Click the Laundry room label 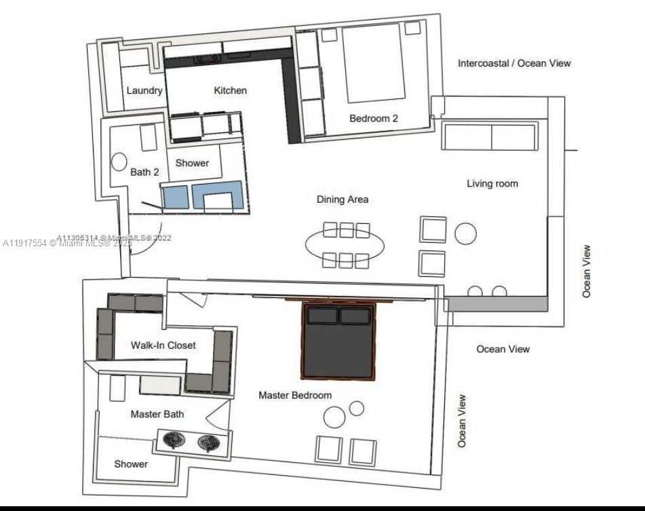click(144, 91)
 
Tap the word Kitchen click(231, 90)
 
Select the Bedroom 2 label click(374, 118)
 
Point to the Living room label click(492, 183)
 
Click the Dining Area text click(343, 199)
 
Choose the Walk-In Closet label click(163, 345)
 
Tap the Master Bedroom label click(295, 395)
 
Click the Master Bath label click(157, 414)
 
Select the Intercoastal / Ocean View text click(514, 63)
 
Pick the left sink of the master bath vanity click(174, 442)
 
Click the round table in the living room click(466, 233)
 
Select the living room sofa click(490, 136)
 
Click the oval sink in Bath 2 click(119, 162)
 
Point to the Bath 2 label click(144, 172)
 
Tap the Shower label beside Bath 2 click(193, 163)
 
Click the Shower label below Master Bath click(131, 464)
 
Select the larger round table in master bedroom click(334, 417)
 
